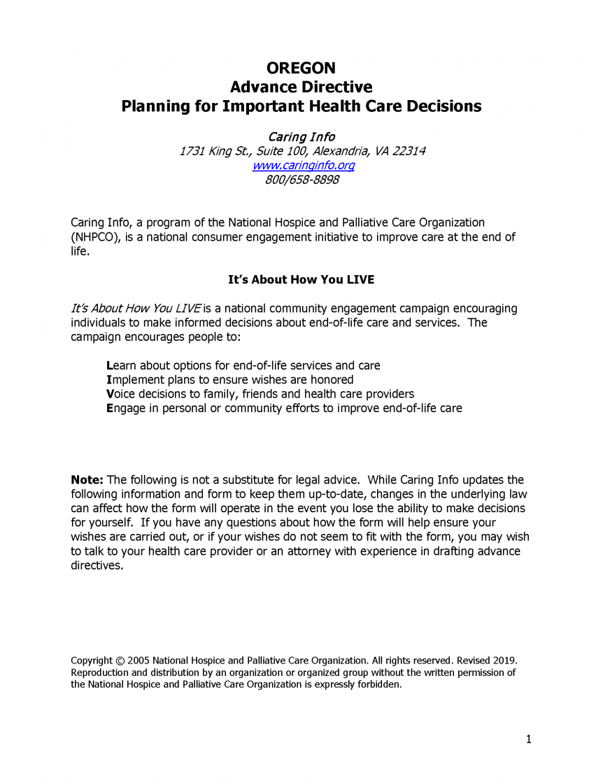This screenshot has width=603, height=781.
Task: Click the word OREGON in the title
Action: point(301,68)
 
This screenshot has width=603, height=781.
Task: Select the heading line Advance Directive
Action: point(301,87)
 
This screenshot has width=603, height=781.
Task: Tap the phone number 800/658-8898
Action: point(302,180)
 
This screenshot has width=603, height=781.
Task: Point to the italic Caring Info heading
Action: point(301,136)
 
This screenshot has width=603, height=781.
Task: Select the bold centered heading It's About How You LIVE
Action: point(301,280)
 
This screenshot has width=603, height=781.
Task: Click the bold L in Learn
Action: point(109,365)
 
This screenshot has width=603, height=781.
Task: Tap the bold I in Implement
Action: point(108,379)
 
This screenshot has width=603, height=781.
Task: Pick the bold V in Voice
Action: point(109,393)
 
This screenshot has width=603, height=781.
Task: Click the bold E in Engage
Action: point(109,408)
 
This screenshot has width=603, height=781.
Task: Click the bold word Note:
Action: point(87,480)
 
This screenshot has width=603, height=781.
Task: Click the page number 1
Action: point(529,739)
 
